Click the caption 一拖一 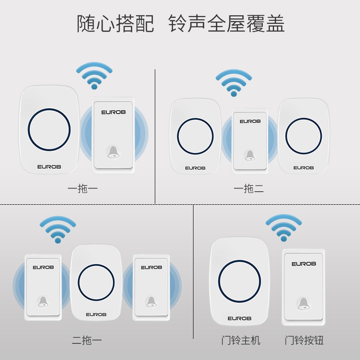click(82, 189)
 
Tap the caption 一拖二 click(248, 189)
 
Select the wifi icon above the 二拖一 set click(56, 229)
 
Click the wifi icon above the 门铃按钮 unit click(283, 227)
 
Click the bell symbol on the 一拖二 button click(249, 155)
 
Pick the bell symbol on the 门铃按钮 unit click(303, 303)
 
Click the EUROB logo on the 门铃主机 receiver click(239, 318)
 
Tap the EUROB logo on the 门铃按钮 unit click(303, 264)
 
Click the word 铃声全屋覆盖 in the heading click(226, 23)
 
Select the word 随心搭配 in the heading click(115, 23)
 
